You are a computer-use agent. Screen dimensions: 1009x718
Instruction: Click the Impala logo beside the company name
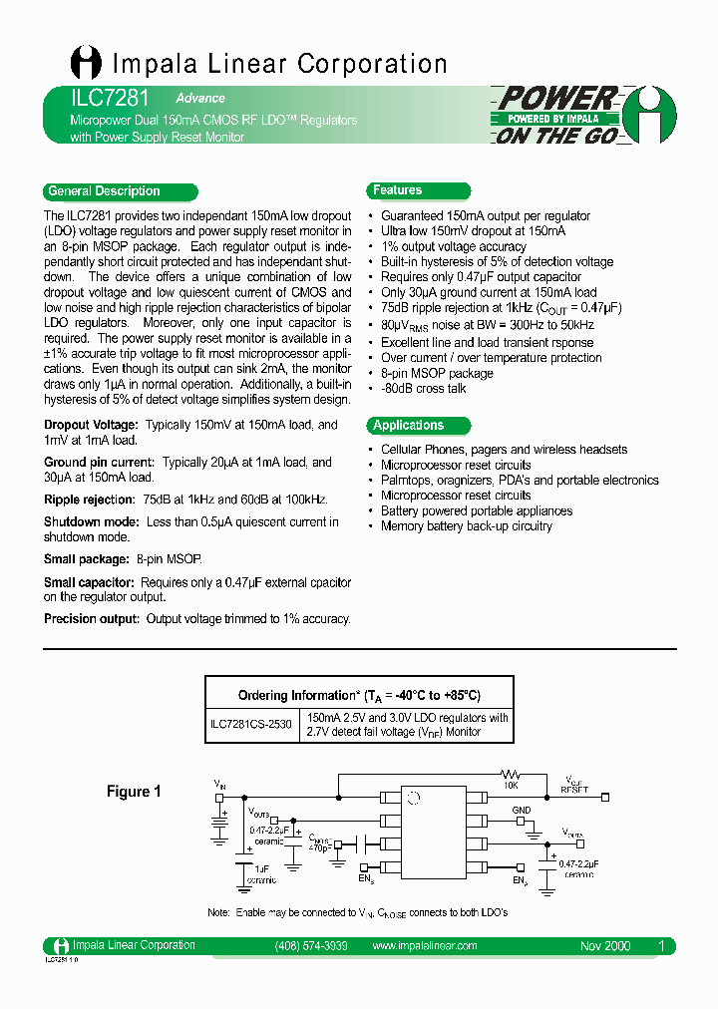(86, 63)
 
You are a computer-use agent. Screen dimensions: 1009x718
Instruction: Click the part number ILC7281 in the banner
(97, 99)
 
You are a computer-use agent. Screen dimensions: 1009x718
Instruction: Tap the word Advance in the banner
(200, 99)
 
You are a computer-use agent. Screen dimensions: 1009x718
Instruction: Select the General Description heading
(104, 191)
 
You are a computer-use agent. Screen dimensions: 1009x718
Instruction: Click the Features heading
(397, 190)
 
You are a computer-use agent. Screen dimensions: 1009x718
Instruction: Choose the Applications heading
(408, 426)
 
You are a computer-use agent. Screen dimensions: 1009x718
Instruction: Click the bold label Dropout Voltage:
(92, 425)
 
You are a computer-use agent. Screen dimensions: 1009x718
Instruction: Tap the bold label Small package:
(87, 559)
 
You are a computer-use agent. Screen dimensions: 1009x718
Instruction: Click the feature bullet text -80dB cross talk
(424, 389)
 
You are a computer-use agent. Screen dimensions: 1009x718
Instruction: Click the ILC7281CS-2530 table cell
(250, 725)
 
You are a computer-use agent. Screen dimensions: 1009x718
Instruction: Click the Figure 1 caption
(134, 792)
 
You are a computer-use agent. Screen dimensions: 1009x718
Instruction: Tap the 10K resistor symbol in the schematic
(511, 774)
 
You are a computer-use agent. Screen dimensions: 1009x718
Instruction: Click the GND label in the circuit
(522, 811)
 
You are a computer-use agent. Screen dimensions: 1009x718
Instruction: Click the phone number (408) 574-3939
(310, 946)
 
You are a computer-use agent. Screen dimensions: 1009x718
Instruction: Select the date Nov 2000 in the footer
(605, 946)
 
